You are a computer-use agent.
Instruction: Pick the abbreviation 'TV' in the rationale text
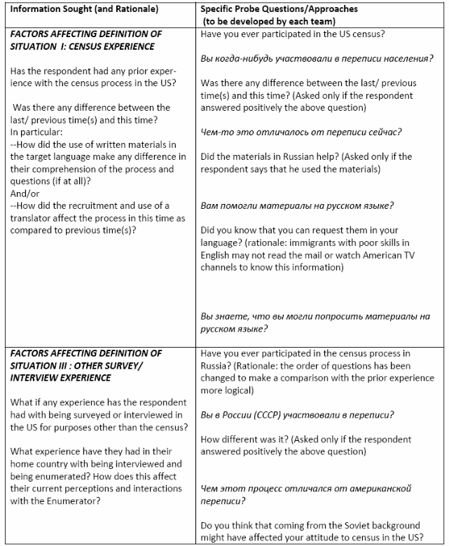pos(414,256)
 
